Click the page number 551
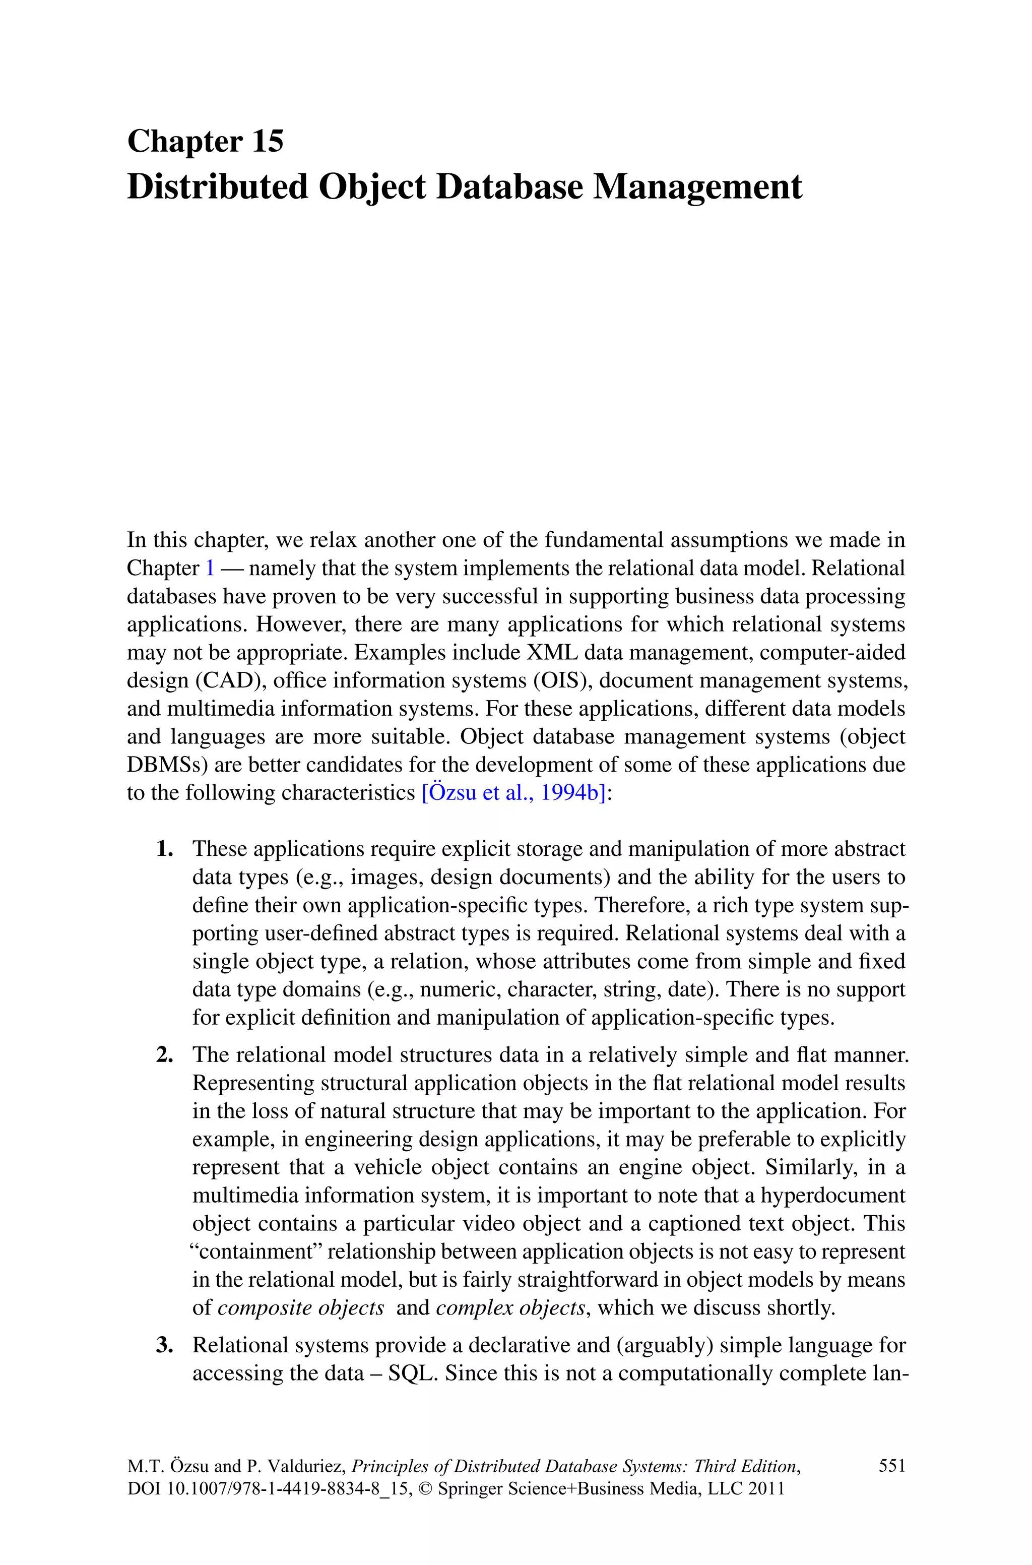(x=892, y=1465)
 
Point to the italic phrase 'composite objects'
(x=301, y=1307)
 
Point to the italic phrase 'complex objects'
(x=510, y=1307)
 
